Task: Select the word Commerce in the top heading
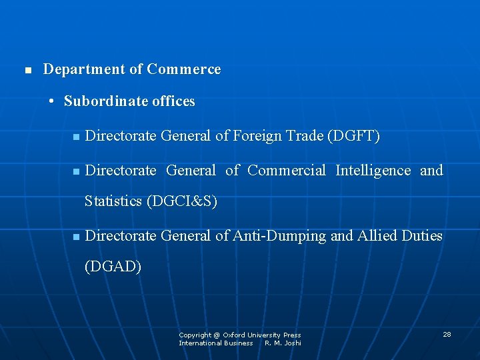pyautogui.click(x=183, y=69)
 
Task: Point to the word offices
pyautogui.click(x=173, y=101)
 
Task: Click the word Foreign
pyautogui.click(x=257, y=137)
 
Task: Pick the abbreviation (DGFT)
pyautogui.click(x=353, y=137)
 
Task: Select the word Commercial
pyautogui.click(x=287, y=171)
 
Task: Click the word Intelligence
pyautogui.click(x=373, y=171)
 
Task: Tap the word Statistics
pyautogui.click(x=113, y=201)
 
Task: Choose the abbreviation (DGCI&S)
pyautogui.click(x=181, y=201)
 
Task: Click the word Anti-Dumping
pyautogui.click(x=279, y=236)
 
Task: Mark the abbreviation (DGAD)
pyautogui.click(x=113, y=267)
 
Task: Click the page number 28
pyautogui.click(x=447, y=334)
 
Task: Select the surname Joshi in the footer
pyautogui.click(x=292, y=343)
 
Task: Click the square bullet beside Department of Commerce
pyautogui.click(x=27, y=70)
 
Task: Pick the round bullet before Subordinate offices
pyautogui.click(x=51, y=102)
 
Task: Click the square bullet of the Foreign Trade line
pyautogui.click(x=76, y=137)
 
